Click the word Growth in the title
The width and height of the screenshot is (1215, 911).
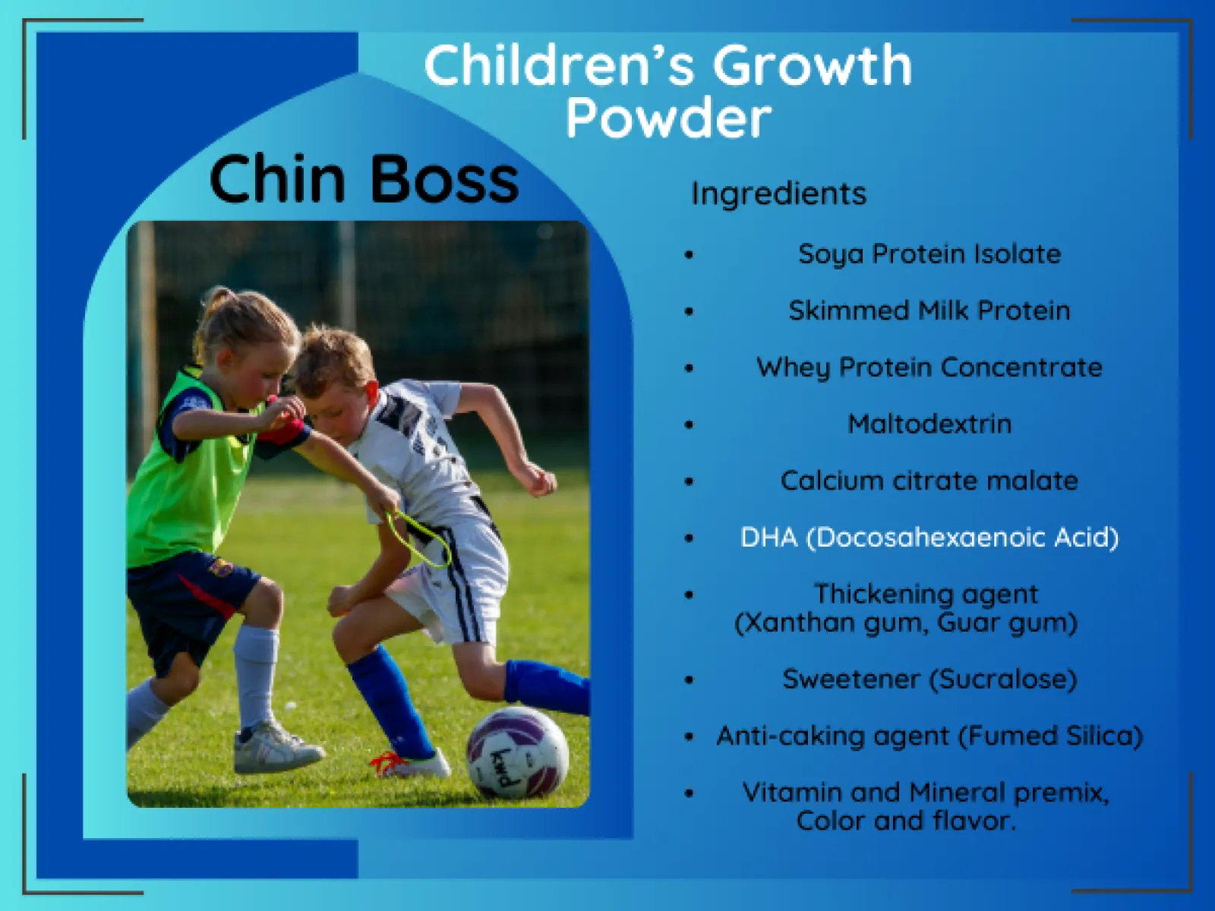point(812,67)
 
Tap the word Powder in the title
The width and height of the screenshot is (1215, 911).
point(669,117)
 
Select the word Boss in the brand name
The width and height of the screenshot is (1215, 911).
point(445,179)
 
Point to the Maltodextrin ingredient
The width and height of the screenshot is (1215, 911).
point(930,424)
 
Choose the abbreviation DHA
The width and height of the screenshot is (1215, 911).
point(768,537)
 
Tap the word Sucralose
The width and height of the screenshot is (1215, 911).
point(1004,679)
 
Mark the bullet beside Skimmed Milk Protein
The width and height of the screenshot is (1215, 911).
point(690,311)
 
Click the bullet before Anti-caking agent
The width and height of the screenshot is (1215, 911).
point(690,736)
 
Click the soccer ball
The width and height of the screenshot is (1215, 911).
point(517,752)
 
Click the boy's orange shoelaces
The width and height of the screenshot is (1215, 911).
point(386,761)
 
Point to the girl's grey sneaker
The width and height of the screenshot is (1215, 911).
point(276,747)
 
